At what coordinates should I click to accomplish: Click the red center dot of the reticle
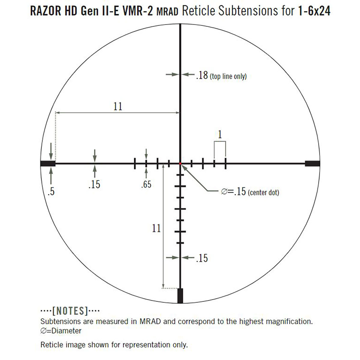(x=180, y=163)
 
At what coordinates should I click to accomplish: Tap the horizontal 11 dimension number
(x=118, y=106)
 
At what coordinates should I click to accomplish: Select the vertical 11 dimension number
(x=156, y=228)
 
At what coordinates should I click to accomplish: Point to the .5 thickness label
(x=51, y=191)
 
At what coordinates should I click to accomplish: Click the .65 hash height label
(x=146, y=184)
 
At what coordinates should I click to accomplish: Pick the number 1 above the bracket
(x=220, y=134)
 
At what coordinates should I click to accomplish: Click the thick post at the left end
(x=48, y=163)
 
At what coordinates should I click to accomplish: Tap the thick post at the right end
(x=312, y=163)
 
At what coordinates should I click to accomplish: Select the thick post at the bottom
(x=180, y=296)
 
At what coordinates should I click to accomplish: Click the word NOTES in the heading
(x=70, y=311)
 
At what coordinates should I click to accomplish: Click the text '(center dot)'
(x=263, y=192)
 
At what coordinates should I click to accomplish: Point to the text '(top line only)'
(x=228, y=76)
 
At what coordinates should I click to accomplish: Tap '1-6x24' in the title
(x=314, y=11)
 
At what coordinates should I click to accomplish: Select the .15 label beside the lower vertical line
(x=202, y=258)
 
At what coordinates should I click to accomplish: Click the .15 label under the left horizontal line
(x=94, y=184)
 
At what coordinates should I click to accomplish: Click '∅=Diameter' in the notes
(x=61, y=331)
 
